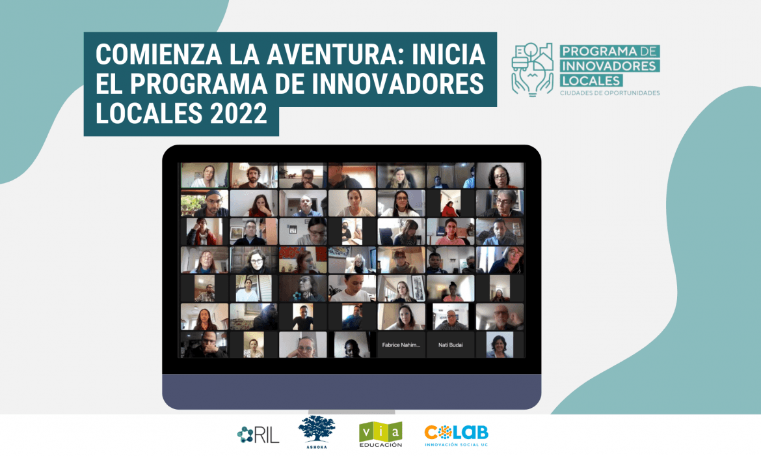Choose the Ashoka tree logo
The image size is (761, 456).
pyautogui.click(x=316, y=430)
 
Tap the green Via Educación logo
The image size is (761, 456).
pyautogui.click(x=380, y=431)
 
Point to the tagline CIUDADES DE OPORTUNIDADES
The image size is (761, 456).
pyautogui.click(x=609, y=93)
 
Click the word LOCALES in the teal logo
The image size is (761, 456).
pyautogui.click(x=591, y=80)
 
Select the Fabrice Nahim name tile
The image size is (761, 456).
pyautogui.click(x=401, y=345)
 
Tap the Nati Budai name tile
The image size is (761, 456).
pyautogui.click(x=450, y=345)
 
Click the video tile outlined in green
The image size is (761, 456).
pyautogui.click(x=204, y=176)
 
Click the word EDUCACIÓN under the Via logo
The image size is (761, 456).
pyautogui.click(x=380, y=445)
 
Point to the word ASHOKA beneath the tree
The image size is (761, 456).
pyautogui.click(x=316, y=448)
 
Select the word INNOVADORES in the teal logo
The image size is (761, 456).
pyautogui.click(x=609, y=66)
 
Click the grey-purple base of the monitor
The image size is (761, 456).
pyautogui.click(x=351, y=391)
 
